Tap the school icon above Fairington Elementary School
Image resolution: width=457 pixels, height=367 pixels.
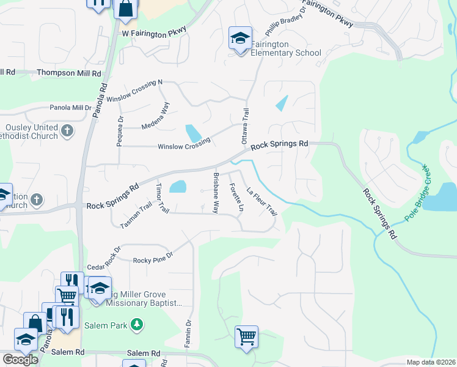coord(240,38)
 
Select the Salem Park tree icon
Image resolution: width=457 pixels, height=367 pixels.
coord(138,324)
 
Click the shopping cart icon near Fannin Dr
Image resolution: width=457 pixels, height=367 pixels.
coord(246,336)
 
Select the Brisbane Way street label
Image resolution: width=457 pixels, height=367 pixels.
coord(216,192)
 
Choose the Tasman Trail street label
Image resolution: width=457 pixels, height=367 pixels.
coord(136,216)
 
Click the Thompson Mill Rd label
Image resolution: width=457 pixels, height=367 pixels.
coord(68,73)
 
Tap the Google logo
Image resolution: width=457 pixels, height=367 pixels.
coord(20,359)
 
